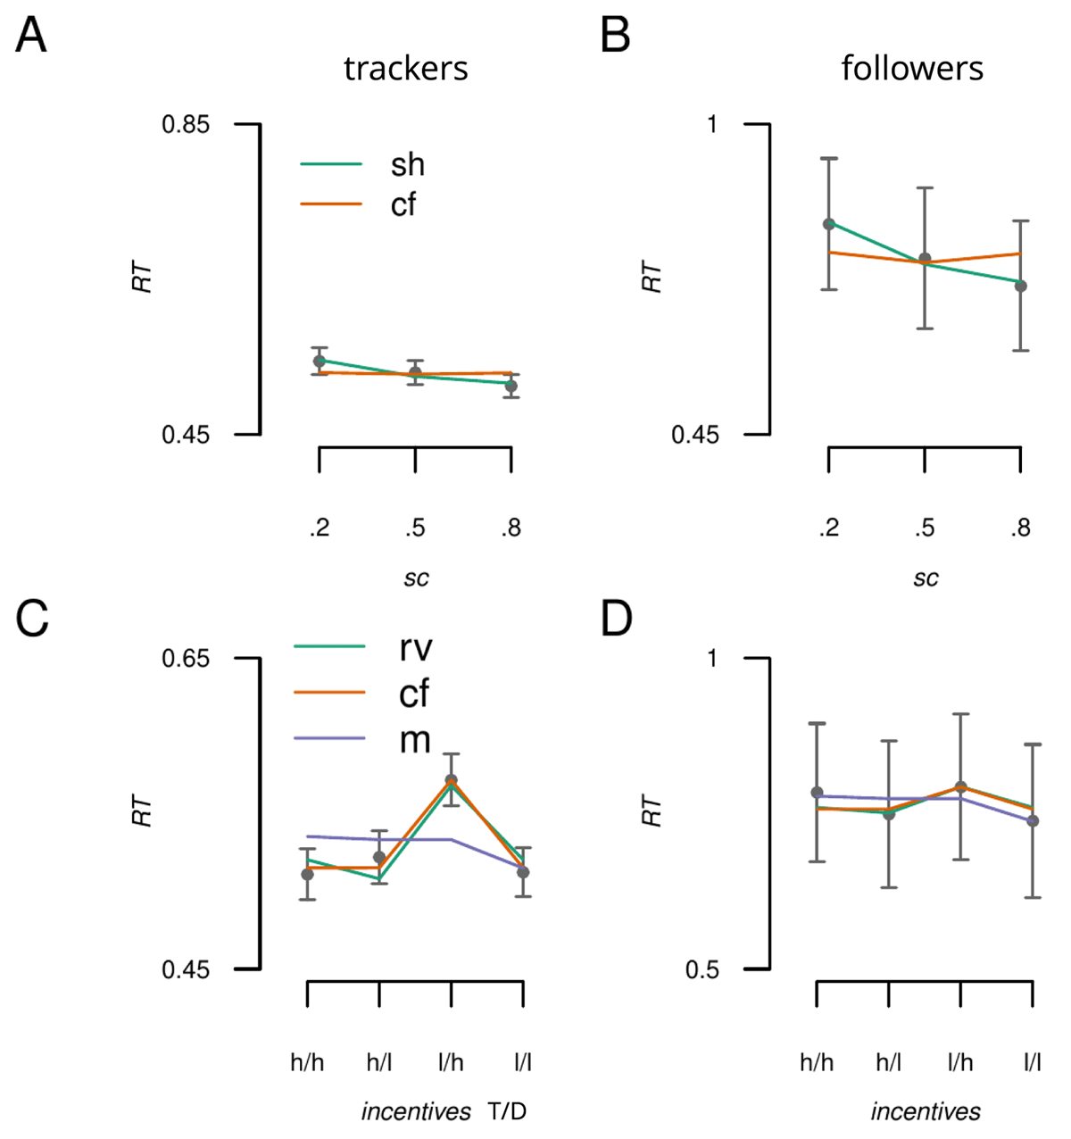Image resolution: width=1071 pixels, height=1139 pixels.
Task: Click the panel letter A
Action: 31,37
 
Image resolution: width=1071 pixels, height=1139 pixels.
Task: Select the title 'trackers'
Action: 405,69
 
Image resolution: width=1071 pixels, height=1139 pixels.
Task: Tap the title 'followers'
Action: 912,69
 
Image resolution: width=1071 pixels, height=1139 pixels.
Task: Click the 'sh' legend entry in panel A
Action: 407,164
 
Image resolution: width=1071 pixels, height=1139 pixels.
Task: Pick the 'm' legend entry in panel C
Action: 415,739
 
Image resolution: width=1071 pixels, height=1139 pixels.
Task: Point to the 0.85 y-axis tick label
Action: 185,124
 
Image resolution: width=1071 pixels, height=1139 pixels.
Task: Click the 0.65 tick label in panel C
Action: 185,658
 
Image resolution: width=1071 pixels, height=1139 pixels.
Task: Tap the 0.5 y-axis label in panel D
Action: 702,969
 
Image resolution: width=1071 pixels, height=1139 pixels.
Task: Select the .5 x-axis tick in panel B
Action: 925,528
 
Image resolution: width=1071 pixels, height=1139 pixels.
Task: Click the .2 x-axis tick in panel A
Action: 320,528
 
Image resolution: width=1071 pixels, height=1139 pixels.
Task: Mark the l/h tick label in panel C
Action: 451,1063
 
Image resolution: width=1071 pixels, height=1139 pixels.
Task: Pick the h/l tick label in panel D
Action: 889,1063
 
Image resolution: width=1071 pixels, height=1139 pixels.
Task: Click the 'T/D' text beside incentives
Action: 507,1112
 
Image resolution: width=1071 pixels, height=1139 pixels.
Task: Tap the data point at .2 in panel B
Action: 829,223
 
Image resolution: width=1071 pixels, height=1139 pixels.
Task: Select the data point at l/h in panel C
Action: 452,779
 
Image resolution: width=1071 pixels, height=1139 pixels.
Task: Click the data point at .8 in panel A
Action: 511,386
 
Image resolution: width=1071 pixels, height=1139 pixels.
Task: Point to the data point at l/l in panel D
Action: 1033,820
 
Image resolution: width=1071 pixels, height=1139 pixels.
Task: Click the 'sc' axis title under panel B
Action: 926,578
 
